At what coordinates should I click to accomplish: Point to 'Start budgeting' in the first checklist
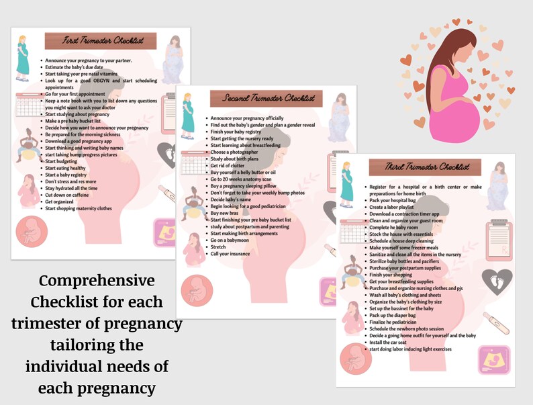(62, 162)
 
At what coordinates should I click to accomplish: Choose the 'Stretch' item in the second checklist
(219, 247)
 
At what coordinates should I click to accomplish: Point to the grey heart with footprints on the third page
(497, 281)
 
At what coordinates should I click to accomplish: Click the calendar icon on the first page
(28, 105)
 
